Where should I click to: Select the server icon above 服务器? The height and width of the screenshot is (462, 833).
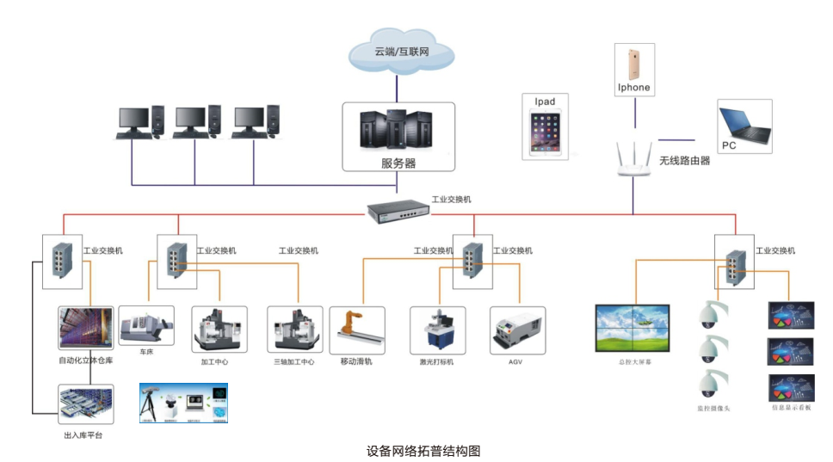tap(397, 130)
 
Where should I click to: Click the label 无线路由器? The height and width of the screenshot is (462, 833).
tap(684, 160)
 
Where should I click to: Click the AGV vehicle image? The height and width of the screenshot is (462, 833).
tap(516, 330)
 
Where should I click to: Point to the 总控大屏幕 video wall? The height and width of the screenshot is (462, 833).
tap(635, 329)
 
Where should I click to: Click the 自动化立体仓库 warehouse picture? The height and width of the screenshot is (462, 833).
tap(85, 329)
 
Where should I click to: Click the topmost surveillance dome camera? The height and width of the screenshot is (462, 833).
tap(712, 315)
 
